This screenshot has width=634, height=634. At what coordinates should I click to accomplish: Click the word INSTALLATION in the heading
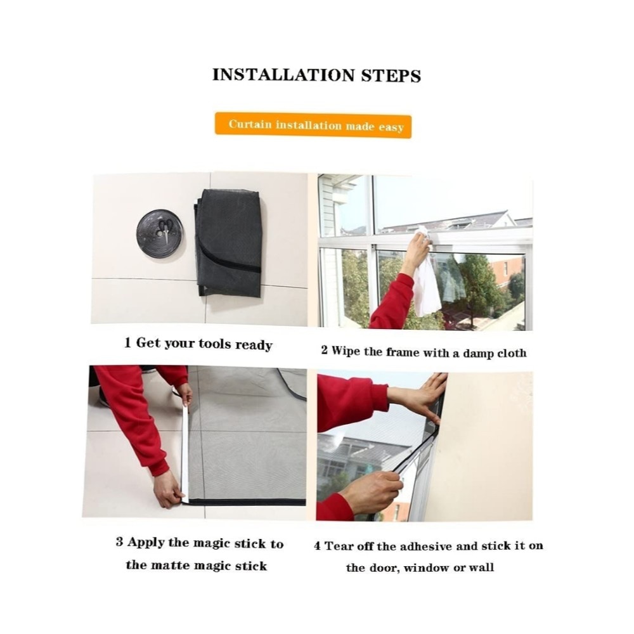(x=284, y=75)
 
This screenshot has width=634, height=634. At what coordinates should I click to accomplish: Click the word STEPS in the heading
(x=391, y=75)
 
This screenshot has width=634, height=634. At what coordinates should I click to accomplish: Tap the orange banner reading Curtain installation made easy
(x=313, y=126)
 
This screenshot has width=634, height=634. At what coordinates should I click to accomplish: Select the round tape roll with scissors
(x=160, y=233)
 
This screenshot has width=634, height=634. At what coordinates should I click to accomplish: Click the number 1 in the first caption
(x=128, y=343)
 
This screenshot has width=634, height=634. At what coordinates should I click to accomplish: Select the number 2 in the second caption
(x=324, y=350)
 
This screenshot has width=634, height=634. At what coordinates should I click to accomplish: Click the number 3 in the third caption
(x=119, y=541)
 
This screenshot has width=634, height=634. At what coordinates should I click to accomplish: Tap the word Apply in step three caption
(x=146, y=543)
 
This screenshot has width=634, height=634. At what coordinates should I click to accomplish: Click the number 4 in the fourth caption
(x=318, y=546)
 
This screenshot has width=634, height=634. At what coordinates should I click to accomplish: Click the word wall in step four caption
(x=481, y=567)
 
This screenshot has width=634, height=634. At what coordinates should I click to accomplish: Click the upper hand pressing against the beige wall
(x=420, y=398)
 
